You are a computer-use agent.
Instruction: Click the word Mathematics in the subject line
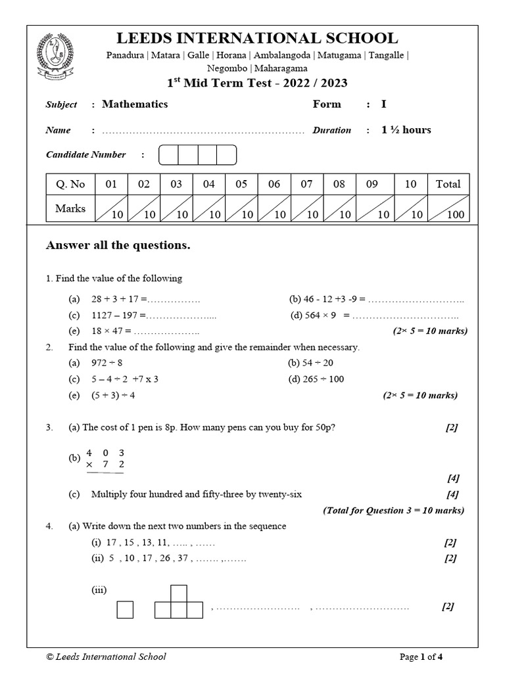pyautogui.click(x=135, y=104)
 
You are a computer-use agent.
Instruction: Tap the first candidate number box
pyautogui.click(x=168, y=155)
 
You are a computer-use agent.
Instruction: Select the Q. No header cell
pyautogui.click(x=70, y=185)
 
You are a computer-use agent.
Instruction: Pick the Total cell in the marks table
pyautogui.click(x=448, y=185)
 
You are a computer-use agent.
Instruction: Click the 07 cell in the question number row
pyautogui.click(x=306, y=185)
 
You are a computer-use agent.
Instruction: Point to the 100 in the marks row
pyautogui.click(x=455, y=214)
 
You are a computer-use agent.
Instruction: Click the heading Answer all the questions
pyautogui.click(x=118, y=246)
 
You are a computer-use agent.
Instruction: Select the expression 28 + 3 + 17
pyautogui.click(x=116, y=299)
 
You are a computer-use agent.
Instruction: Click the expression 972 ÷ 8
pyautogui.click(x=107, y=363)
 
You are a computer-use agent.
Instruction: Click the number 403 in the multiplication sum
pyautogui.click(x=105, y=453)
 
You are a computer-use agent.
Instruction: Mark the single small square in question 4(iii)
pyautogui.click(x=125, y=610)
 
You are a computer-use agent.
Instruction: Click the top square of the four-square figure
pyautogui.click(x=179, y=594)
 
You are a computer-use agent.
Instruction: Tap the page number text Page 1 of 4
pyautogui.click(x=425, y=657)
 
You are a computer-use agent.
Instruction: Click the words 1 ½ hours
pyautogui.click(x=406, y=130)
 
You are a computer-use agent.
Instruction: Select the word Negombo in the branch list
pyautogui.click(x=228, y=68)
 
